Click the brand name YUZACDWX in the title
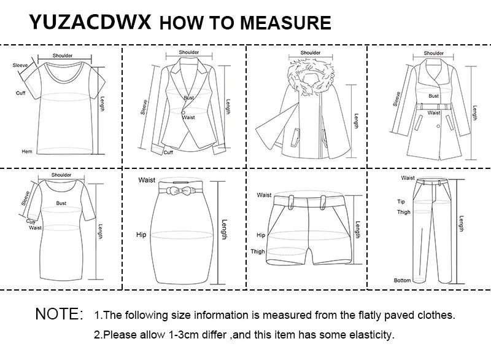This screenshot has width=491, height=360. point(91,22)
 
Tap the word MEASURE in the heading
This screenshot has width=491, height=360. point(285,23)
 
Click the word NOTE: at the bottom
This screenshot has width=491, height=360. point(59,314)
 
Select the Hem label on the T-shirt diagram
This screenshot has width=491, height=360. point(26,151)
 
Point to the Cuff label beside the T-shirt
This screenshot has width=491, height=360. point(20,93)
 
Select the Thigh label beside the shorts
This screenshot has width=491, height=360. point(258,251)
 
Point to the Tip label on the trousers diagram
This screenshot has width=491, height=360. point(401,201)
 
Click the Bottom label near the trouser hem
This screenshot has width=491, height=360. point(402,281)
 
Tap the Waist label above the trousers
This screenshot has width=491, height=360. point(408,178)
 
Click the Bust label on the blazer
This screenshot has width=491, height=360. point(189,98)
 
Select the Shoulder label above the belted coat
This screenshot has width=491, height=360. point(433,53)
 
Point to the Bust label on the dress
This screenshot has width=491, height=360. point(61,202)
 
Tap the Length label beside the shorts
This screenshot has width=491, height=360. point(358,230)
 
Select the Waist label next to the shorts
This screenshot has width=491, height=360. point(264,195)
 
